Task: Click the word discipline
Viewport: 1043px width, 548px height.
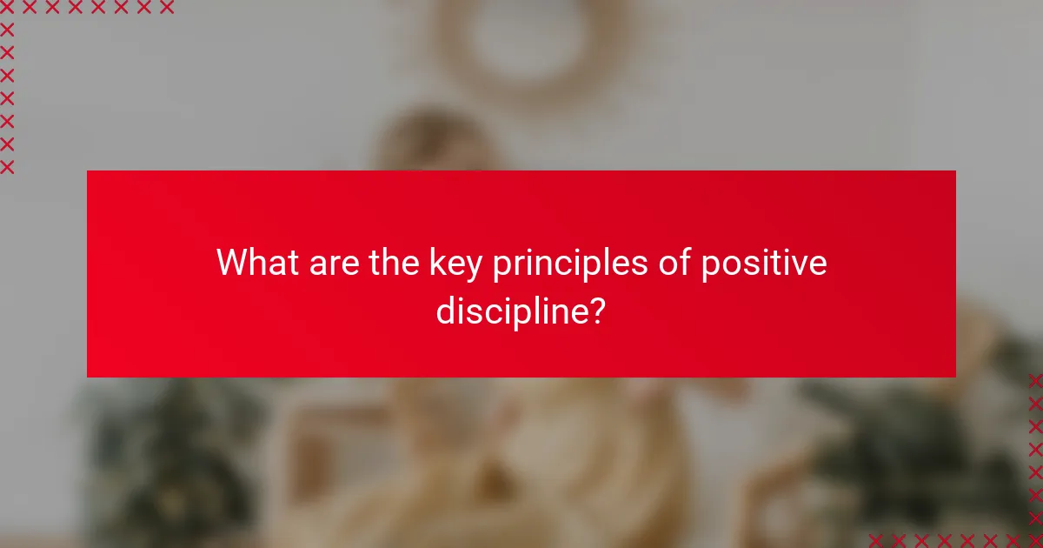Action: tap(509, 311)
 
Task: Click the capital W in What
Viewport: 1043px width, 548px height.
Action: tap(231, 263)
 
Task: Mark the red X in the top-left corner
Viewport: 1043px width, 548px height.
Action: tap(7, 8)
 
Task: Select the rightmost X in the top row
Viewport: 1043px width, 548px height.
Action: tap(167, 8)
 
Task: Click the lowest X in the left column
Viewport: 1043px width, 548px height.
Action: tap(7, 167)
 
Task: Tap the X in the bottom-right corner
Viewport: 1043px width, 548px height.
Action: tap(1035, 540)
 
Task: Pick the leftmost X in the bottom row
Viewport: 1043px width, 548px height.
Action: tap(875, 540)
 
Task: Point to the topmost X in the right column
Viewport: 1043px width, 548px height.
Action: tap(1035, 380)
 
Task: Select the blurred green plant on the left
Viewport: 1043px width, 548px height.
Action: tap(156, 452)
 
